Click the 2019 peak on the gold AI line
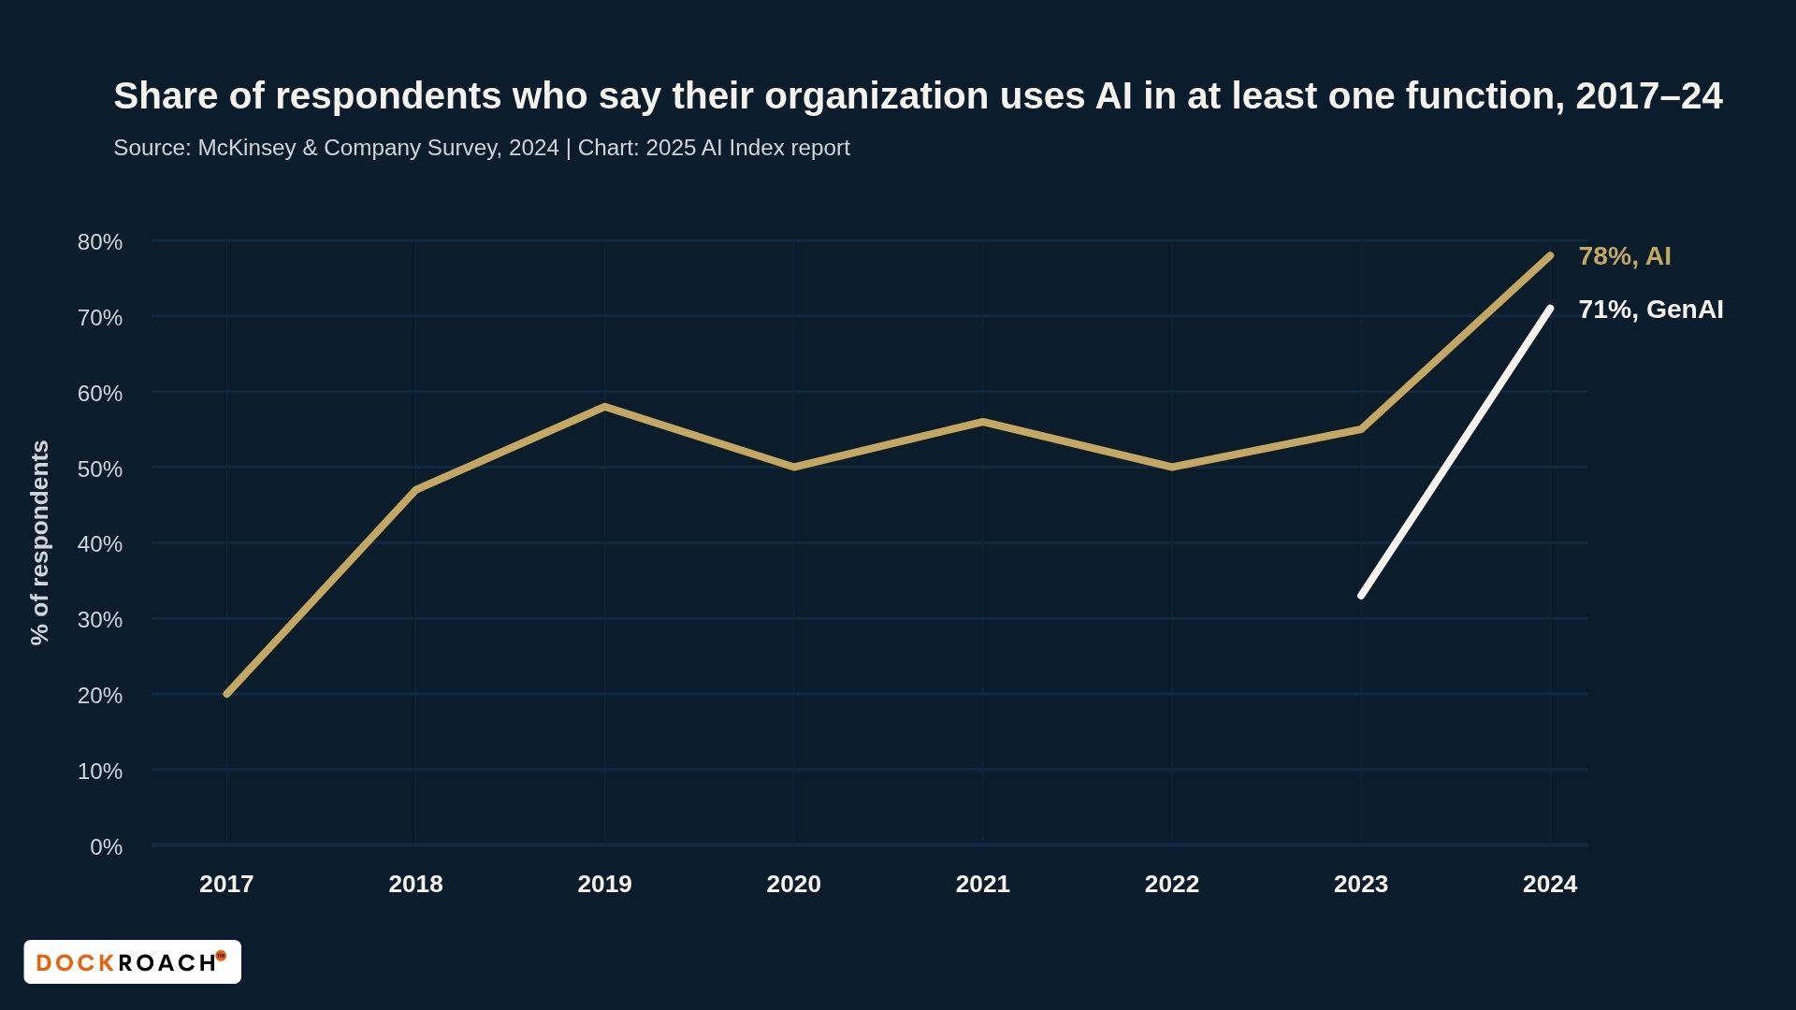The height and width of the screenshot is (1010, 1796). pyautogui.click(x=605, y=407)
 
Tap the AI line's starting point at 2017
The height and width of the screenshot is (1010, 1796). pyautogui.click(x=227, y=694)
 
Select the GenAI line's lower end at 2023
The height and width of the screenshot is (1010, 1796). pyautogui.click(x=1361, y=595)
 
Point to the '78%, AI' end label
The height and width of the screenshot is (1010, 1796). pyautogui.click(x=1624, y=256)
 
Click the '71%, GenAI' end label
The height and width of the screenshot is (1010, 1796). pyautogui.click(x=1650, y=310)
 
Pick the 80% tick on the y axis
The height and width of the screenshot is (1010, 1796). pyautogui.click(x=100, y=242)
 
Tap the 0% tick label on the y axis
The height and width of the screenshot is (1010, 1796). pyautogui.click(x=106, y=847)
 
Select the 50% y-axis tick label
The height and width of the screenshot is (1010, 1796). pyautogui.click(x=100, y=469)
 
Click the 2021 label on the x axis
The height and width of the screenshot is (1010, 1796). pyautogui.click(x=982, y=884)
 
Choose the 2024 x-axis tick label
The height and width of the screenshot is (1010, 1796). pyautogui.click(x=1549, y=884)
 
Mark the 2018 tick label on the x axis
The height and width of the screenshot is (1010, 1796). pyautogui.click(x=415, y=884)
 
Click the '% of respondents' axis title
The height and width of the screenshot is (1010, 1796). pyautogui.click(x=39, y=542)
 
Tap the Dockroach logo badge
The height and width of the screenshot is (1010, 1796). pyautogui.click(x=132, y=961)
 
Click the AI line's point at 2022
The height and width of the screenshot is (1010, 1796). pyautogui.click(x=1172, y=467)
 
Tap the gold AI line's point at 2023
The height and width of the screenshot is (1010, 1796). pyautogui.click(x=1361, y=429)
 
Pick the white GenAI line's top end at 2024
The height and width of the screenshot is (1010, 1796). pyautogui.click(x=1550, y=309)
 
